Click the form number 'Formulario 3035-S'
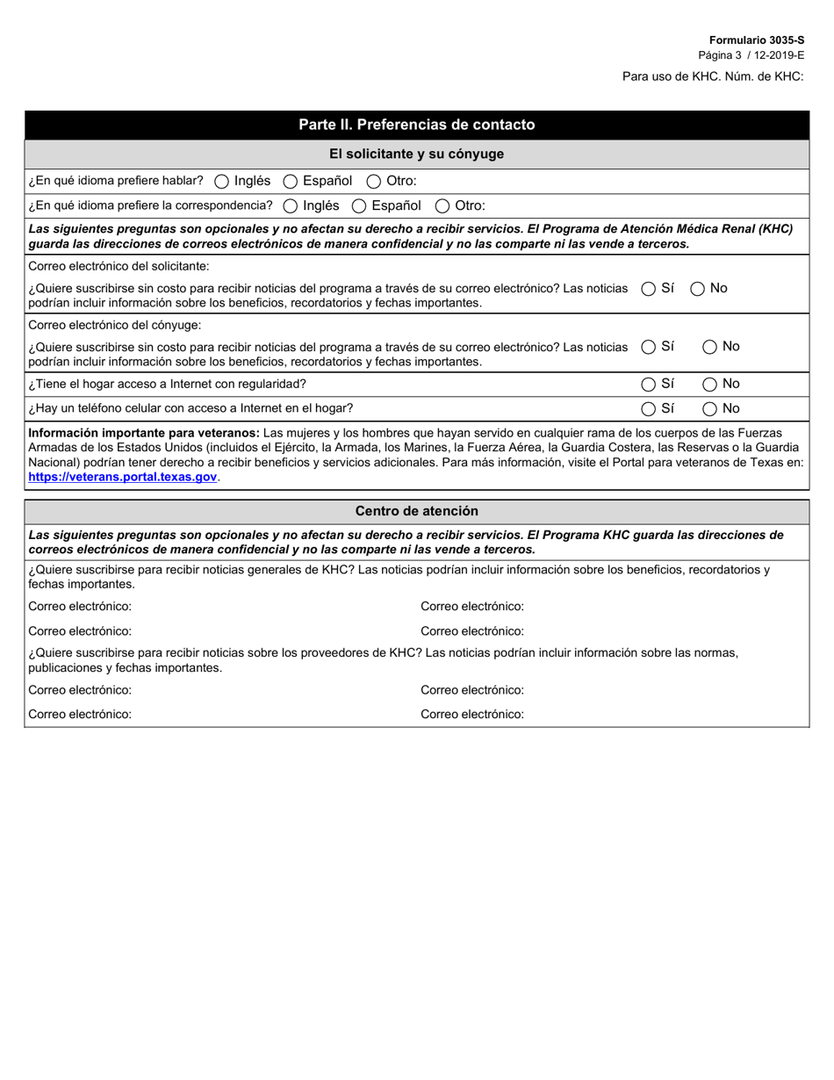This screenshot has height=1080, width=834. [756, 40]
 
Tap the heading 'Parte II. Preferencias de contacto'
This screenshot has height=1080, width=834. [416, 125]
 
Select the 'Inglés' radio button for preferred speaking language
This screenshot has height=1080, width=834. [222, 182]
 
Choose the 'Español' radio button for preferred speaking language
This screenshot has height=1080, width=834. [291, 182]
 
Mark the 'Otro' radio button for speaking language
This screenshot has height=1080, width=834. [374, 182]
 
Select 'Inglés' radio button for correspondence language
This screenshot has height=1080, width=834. [291, 206]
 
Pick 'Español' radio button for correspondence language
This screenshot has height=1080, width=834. [359, 206]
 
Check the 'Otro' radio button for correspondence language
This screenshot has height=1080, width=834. [442, 206]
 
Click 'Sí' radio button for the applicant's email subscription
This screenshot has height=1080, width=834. [649, 289]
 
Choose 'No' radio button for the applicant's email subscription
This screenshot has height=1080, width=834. [698, 289]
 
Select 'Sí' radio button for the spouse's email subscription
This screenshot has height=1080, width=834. [649, 348]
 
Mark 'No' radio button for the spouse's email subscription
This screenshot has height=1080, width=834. [710, 348]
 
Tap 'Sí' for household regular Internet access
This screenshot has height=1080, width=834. [649, 385]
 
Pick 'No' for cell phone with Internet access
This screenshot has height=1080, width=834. [710, 409]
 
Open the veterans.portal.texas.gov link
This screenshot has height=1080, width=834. [123, 478]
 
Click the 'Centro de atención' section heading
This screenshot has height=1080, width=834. [416, 511]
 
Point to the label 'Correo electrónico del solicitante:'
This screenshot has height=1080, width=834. [119, 266]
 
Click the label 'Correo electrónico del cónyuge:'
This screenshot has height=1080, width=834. [115, 325]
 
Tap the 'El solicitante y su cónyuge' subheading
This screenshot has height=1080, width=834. [416, 154]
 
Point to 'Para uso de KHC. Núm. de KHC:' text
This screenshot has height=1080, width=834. [713, 76]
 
